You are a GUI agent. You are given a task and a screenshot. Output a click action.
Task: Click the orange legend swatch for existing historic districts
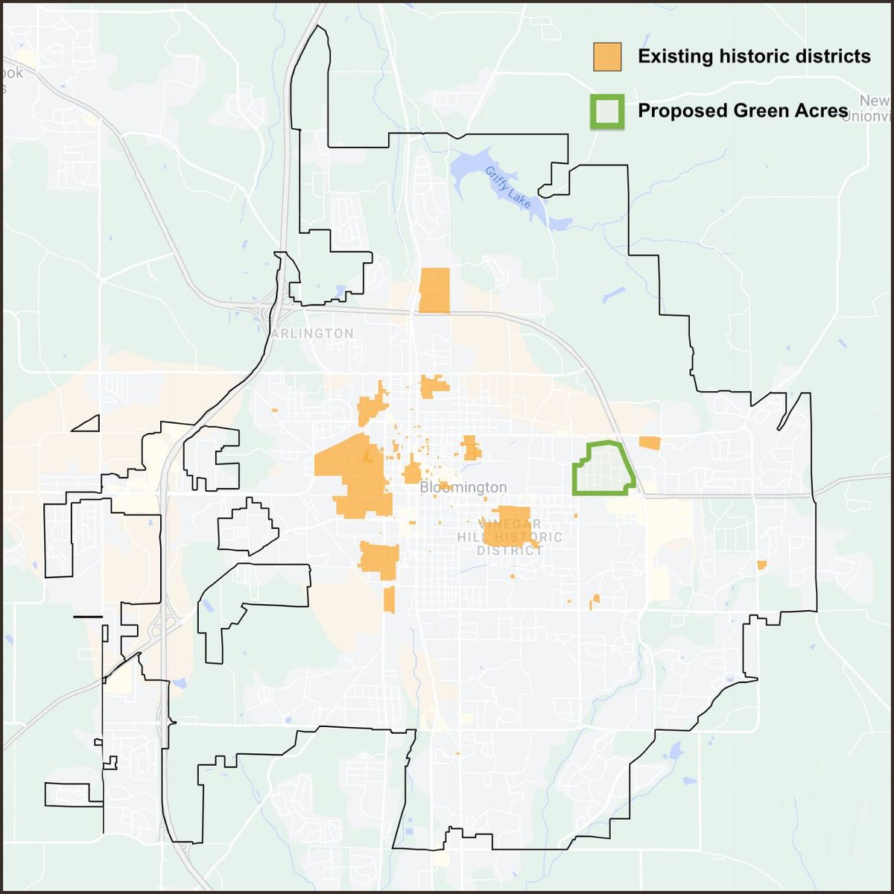coord(607,57)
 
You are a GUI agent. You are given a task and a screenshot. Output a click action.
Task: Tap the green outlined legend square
coord(607,112)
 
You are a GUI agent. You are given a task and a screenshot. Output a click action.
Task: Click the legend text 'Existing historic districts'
coord(754,57)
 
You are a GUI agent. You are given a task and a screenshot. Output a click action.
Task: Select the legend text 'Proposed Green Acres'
coord(743,111)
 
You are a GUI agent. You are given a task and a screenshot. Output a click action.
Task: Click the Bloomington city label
coord(463,487)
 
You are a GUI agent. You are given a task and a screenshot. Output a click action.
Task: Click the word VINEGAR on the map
coord(511,524)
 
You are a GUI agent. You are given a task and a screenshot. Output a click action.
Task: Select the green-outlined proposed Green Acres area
coord(603,469)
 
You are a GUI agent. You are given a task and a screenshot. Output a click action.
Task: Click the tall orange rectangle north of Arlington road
coord(434,291)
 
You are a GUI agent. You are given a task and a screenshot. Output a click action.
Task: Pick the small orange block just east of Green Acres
coord(650,443)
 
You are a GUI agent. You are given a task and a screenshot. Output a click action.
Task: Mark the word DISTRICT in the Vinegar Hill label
coord(510,551)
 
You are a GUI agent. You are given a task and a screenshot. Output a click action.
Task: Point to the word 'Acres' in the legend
coord(822,111)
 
